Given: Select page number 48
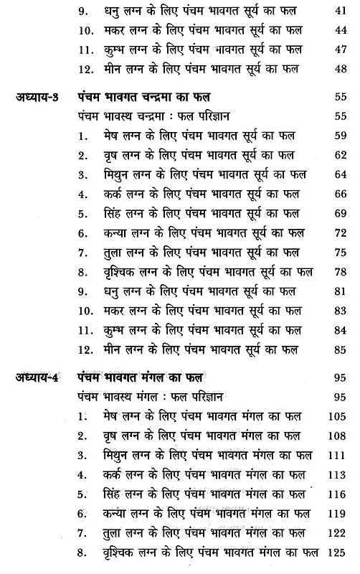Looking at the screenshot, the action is click(x=337, y=69).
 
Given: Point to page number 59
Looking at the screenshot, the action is click(x=337, y=134).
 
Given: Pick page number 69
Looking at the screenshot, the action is click(x=337, y=214).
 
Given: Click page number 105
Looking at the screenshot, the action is click(x=335, y=416).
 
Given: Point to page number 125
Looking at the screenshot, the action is click(x=335, y=554).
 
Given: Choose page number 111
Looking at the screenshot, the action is click(x=335, y=455).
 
